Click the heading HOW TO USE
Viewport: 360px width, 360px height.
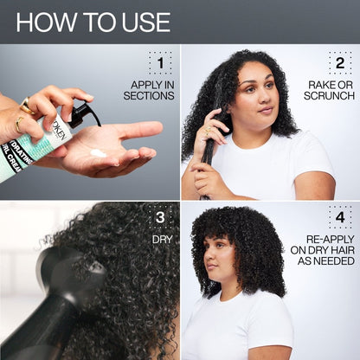point(93,22)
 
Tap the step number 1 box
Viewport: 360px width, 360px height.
point(159,63)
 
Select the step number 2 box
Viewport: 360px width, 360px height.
point(339,63)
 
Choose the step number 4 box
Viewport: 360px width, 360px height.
point(339,217)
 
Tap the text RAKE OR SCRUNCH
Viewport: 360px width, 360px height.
point(331,90)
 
